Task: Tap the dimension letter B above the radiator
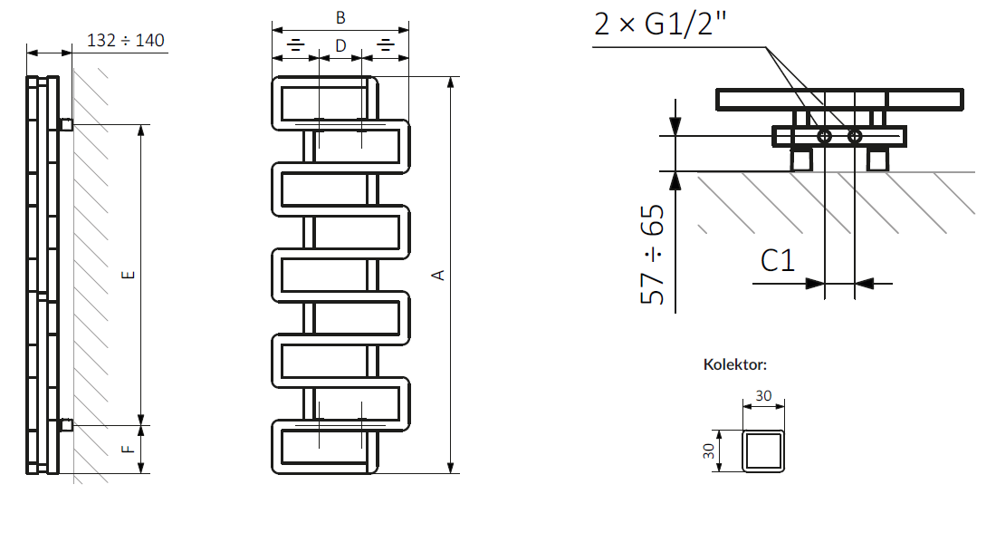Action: click(340, 18)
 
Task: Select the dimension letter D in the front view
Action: click(340, 45)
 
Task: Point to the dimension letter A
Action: click(439, 275)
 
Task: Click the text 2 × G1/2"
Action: click(661, 24)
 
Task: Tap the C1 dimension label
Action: click(777, 262)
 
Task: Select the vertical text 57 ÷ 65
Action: click(653, 255)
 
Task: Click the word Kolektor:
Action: click(735, 364)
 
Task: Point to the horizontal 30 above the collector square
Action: click(763, 396)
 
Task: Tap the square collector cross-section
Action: click(763, 451)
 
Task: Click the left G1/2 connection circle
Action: click(825, 136)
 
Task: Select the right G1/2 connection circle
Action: click(855, 136)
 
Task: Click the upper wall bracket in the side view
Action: click(66, 123)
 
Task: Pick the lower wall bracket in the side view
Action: click(66, 424)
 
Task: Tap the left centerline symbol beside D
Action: click(296, 44)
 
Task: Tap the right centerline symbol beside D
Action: click(385, 44)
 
